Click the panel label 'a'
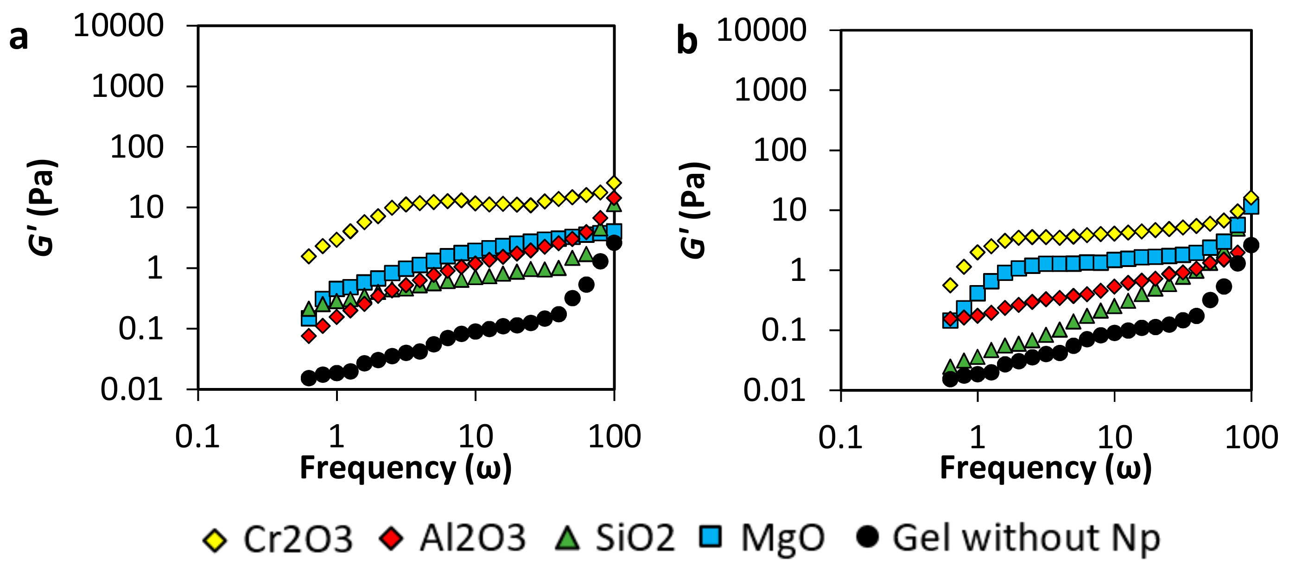(x=19, y=38)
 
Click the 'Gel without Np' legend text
(x=1026, y=539)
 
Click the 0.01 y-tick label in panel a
(x=132, y=389)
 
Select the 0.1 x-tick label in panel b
(x=840, y=437)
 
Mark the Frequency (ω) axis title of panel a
(x=405, y=468)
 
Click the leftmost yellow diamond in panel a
(x=309, y=256)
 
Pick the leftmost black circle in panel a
(x=309, y=378)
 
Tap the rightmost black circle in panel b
(x=1251, y=245)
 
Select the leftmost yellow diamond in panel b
(x=950, y=285)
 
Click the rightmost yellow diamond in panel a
(x=614, y=183)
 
